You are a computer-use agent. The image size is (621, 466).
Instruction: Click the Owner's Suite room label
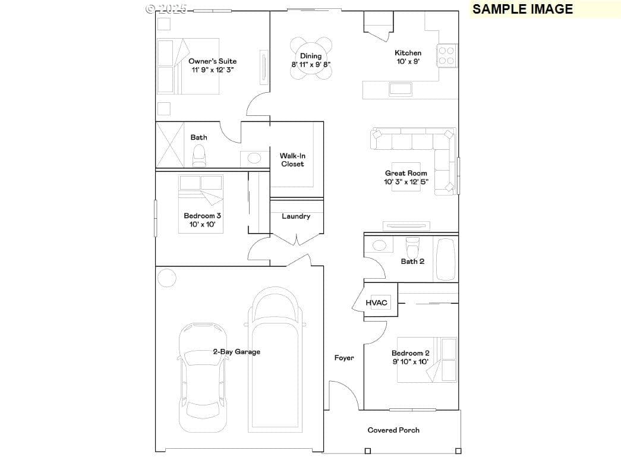coord(212,61)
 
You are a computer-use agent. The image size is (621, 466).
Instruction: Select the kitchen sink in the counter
coord(401,89)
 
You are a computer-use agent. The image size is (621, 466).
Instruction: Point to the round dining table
coord(311,58)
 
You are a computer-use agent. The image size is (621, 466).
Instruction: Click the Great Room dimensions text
coord(406,182)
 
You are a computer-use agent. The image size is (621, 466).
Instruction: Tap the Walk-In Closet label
coord(293,160)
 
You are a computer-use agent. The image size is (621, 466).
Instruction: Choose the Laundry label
coord(296,216)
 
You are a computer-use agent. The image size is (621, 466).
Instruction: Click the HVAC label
coord(376,303)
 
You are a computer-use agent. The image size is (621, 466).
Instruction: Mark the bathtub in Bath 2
coord(446,259)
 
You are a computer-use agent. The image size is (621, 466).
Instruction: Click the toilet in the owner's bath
coord(199,156)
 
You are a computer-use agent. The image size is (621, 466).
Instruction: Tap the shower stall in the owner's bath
coord(171,144)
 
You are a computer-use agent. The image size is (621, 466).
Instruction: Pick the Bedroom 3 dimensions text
coord(203,224)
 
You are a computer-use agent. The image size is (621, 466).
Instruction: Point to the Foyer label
coord(343,358)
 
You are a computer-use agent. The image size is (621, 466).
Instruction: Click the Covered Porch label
coord(393,430)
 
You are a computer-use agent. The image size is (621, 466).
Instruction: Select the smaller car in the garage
coord(203,377)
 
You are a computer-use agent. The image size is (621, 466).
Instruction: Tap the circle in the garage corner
coord(167,278)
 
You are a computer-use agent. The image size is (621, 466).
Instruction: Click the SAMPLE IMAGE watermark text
coord(522,9)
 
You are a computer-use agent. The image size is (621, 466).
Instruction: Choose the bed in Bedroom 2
coord(427,360)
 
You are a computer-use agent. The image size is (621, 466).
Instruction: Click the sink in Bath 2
coord(379,245)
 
